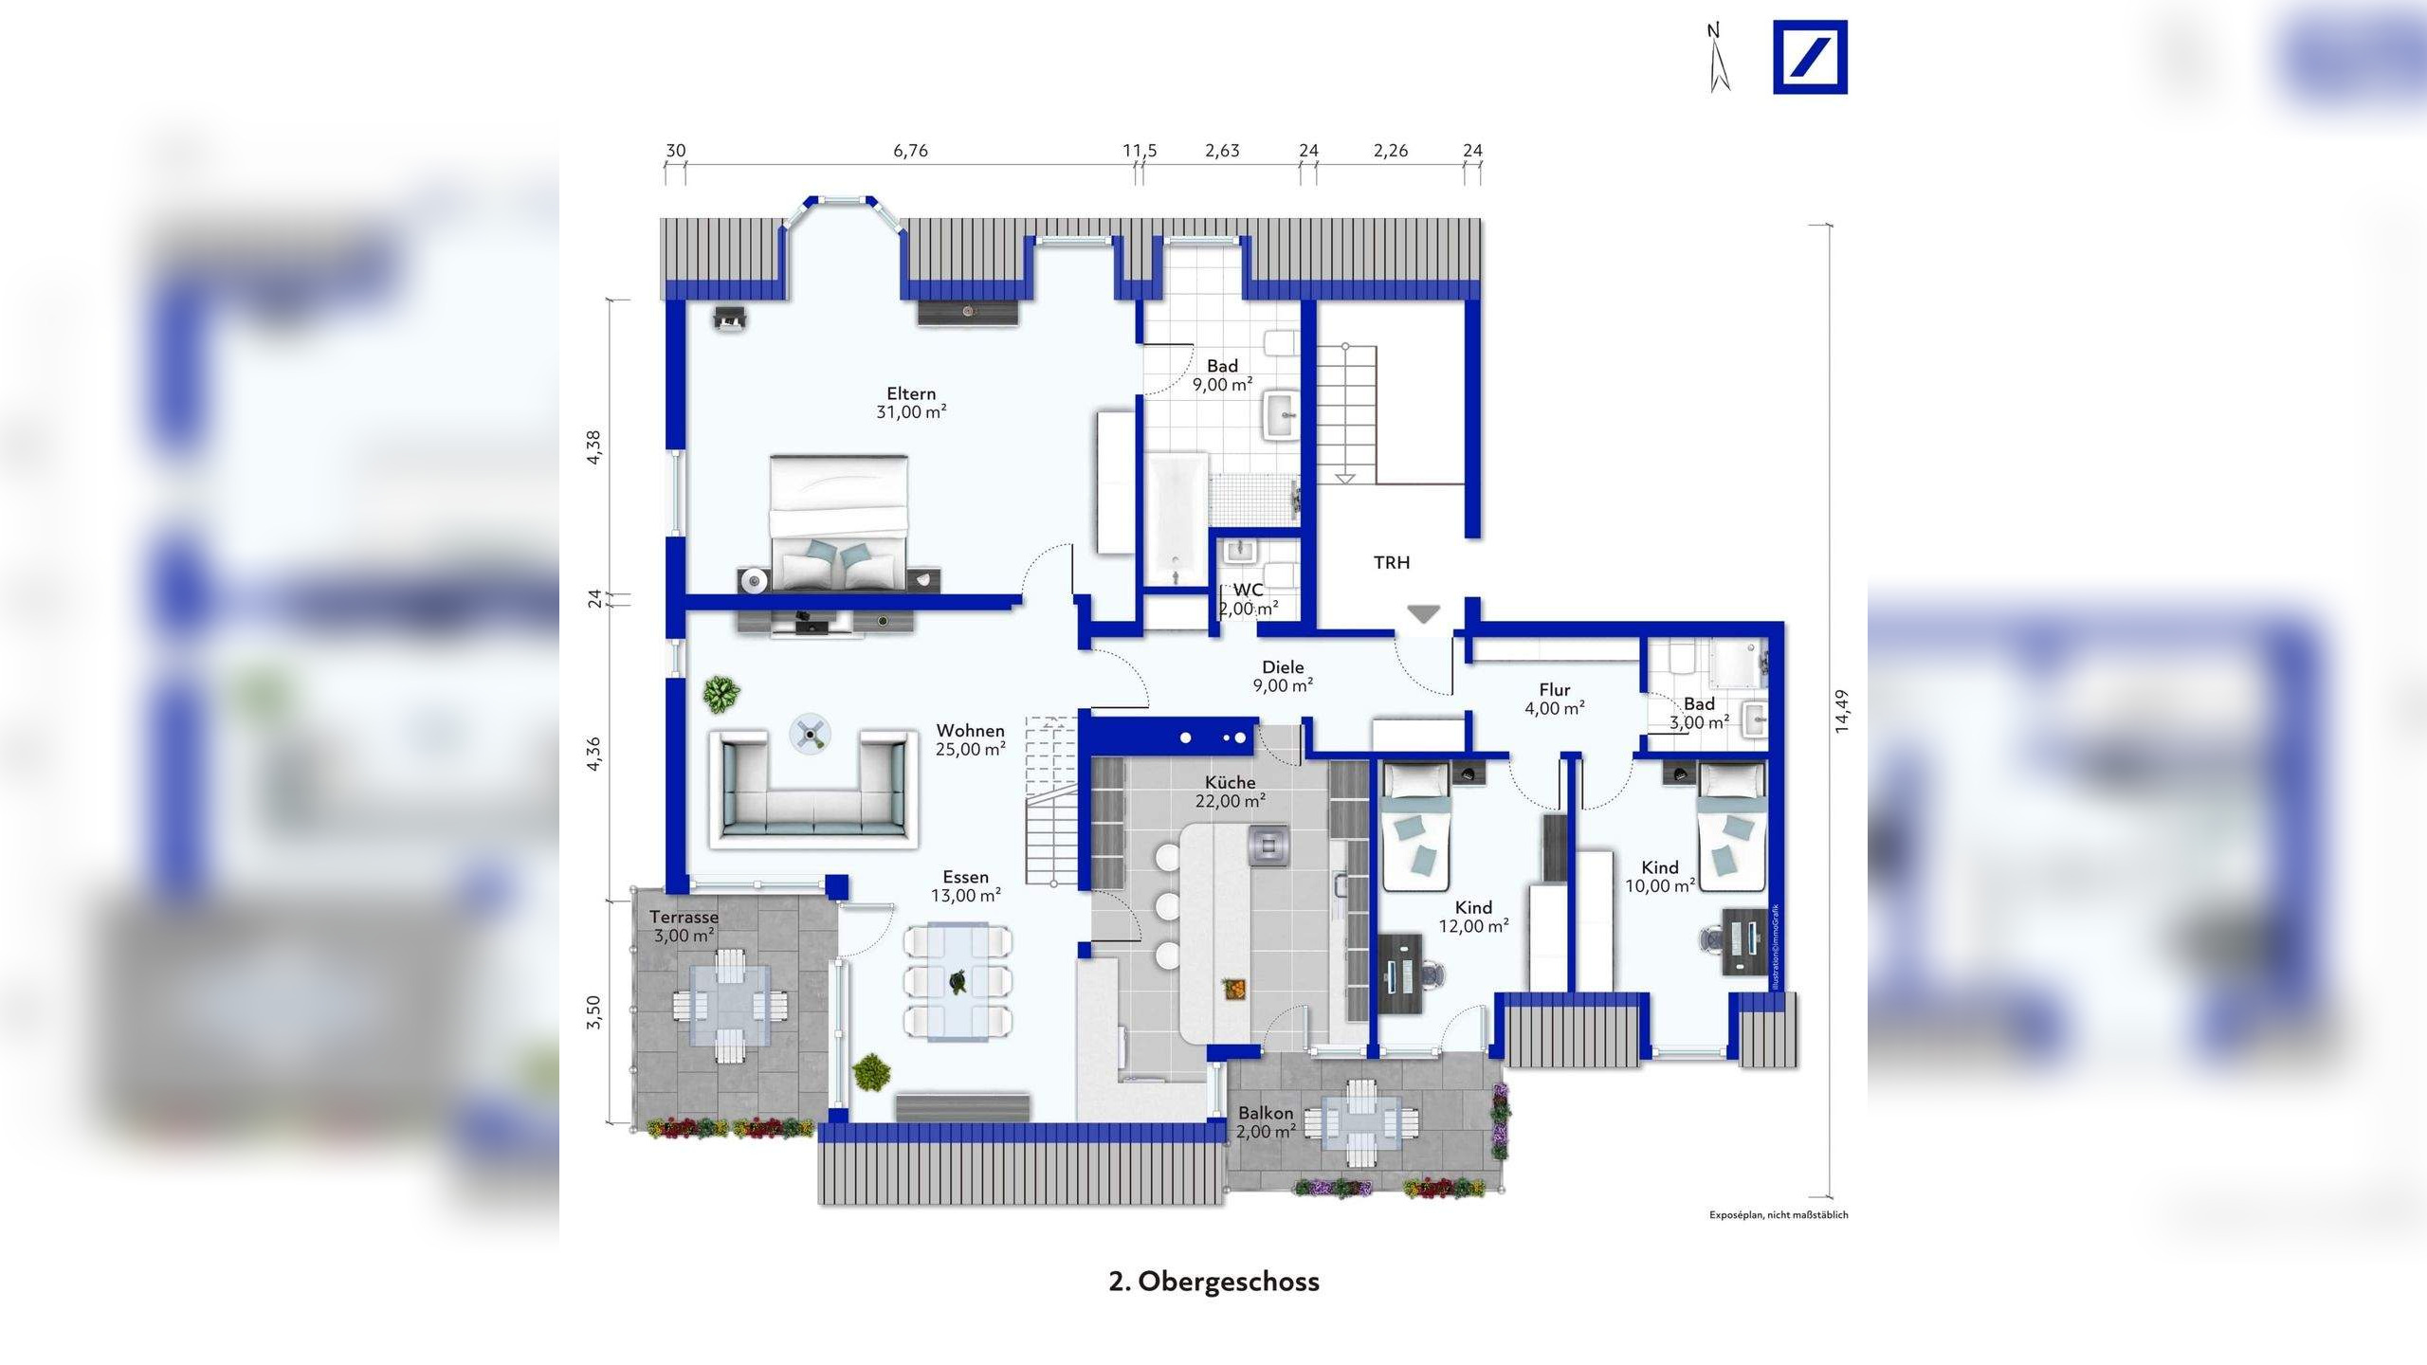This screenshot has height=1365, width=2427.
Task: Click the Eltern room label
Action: pos(911,402)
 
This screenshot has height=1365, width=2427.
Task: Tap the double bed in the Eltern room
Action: pos(838,523)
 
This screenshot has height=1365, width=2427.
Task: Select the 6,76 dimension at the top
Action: pos(910,151)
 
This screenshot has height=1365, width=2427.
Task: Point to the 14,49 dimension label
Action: pos(1840,710)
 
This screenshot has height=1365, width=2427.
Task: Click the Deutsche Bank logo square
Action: pos(1810,58)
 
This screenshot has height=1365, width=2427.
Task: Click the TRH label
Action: pos(1391,563)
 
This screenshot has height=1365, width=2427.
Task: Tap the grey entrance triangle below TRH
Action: pos(1422,614)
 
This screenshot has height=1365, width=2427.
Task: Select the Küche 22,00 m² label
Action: pos(1231,792)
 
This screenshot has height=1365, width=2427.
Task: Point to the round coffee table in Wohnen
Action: pos(811,733)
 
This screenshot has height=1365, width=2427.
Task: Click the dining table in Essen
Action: pos(958,981)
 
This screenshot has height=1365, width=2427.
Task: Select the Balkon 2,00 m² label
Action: pos(1266,1122)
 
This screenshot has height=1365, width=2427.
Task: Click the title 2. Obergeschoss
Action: pos(1213,1282)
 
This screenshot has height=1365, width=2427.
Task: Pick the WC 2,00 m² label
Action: pos(1248,599)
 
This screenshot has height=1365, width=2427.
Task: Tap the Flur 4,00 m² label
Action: pos(1554,699)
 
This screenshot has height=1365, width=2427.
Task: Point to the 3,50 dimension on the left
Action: pos(593,1012)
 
